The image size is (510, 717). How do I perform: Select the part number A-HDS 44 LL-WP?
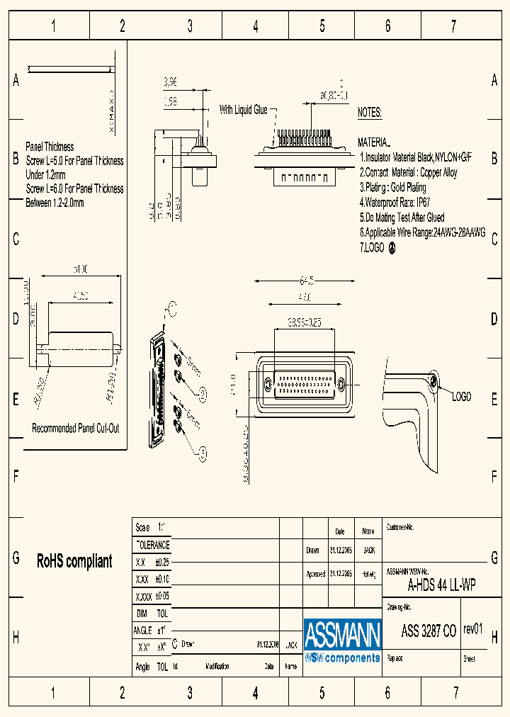click(441, 585)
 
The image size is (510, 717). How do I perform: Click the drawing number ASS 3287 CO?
click(429, 631)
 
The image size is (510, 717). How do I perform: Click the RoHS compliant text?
click(74, 561)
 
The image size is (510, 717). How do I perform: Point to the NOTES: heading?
click(370, 113)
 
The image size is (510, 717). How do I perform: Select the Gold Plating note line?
click(393, 187)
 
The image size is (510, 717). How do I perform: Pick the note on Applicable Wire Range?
click(422, 232)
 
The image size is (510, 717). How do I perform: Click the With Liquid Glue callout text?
click(243, 110)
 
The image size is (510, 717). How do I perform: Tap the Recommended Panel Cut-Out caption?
click(76, 428)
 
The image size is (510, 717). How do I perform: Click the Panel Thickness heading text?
click(50, 147)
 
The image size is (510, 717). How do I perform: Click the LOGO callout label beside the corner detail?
click(461, 397)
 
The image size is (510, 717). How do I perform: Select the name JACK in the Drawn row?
click(368, 550)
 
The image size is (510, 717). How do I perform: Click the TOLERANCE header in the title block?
click(152, 545)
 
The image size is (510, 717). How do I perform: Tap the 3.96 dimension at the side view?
click(170, 83)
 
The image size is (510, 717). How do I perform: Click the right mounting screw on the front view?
click(341, 385)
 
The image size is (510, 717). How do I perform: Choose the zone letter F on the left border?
click(16, 476)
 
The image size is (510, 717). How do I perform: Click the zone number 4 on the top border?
click(256, 27)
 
